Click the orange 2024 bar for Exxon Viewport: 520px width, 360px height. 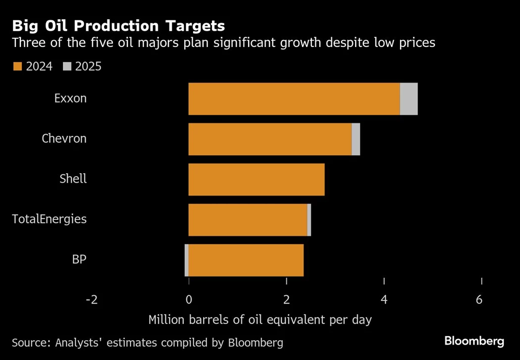[x=294, y=99]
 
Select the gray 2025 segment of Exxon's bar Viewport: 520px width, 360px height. [x=409, y=99]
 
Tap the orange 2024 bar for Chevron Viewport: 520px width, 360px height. [x=270, y=139]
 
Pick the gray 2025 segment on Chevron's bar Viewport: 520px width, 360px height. [x=356, y=139]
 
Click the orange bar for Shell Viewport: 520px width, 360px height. [x=257, y=179]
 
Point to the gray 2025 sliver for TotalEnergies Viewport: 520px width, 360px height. [x=309, y=219]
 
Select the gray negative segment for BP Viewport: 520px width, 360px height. [x=187, y=260]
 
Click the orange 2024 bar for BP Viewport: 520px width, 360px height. [x=246, y=260]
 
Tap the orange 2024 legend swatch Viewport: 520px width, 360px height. [x=17, y=66]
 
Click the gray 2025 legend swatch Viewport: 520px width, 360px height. [x=67, y=66]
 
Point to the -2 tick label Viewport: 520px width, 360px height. [x=91, y=300]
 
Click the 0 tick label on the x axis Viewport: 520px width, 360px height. [x=189, y=300]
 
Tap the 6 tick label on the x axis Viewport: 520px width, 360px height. [x=479, y=300]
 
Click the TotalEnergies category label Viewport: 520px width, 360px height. [x=50, y=219]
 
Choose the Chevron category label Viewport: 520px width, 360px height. [x=64, y=138]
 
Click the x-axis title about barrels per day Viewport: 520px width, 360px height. [x=260, y=320]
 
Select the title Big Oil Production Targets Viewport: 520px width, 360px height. [x=118, y=26]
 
